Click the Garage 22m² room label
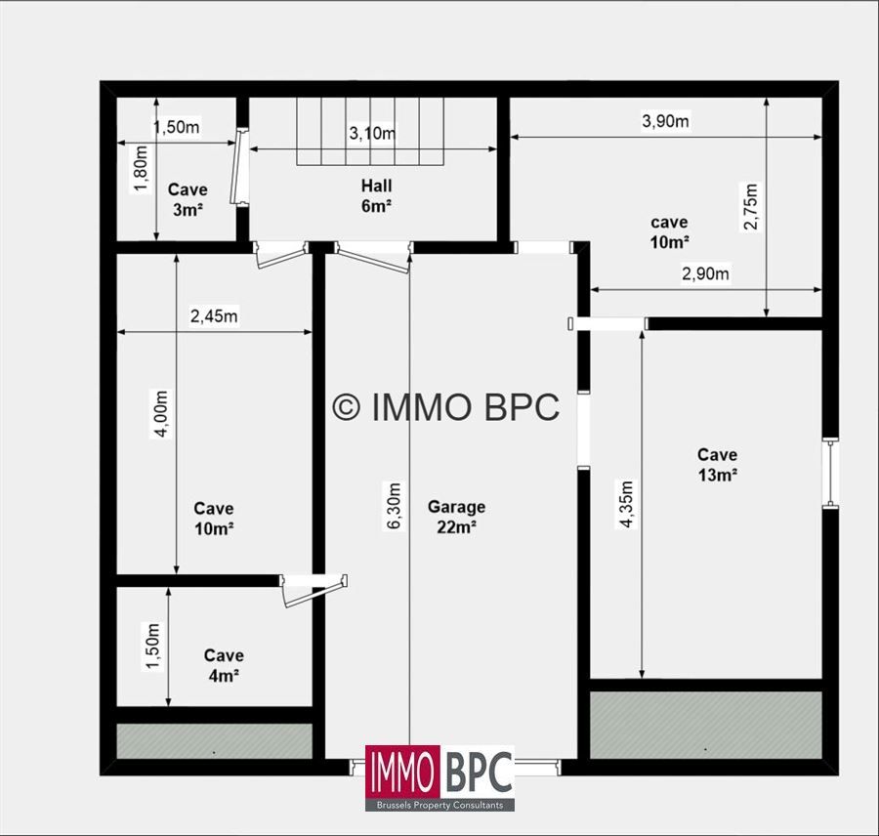(x=456, y=517)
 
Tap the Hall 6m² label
(x=376, y=195)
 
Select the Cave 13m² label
(x=717, y=464)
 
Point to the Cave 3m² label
(x=188, y=199)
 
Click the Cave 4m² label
(x=224, y=665)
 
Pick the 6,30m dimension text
(x=395, y=505)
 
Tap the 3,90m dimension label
(x=665, y=121)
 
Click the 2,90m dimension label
(x=705, y=273)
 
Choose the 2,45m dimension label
(x=214, y=316)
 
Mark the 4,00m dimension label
(x=161, y=414)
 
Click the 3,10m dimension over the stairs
(x=372, y=134)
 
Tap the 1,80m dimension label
(x=142, y=169)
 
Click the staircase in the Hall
(x=370, y=132)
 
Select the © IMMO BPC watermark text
(x=446, y=407)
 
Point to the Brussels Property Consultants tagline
(x=440, y=805)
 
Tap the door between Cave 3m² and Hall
(x=237, y=168)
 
